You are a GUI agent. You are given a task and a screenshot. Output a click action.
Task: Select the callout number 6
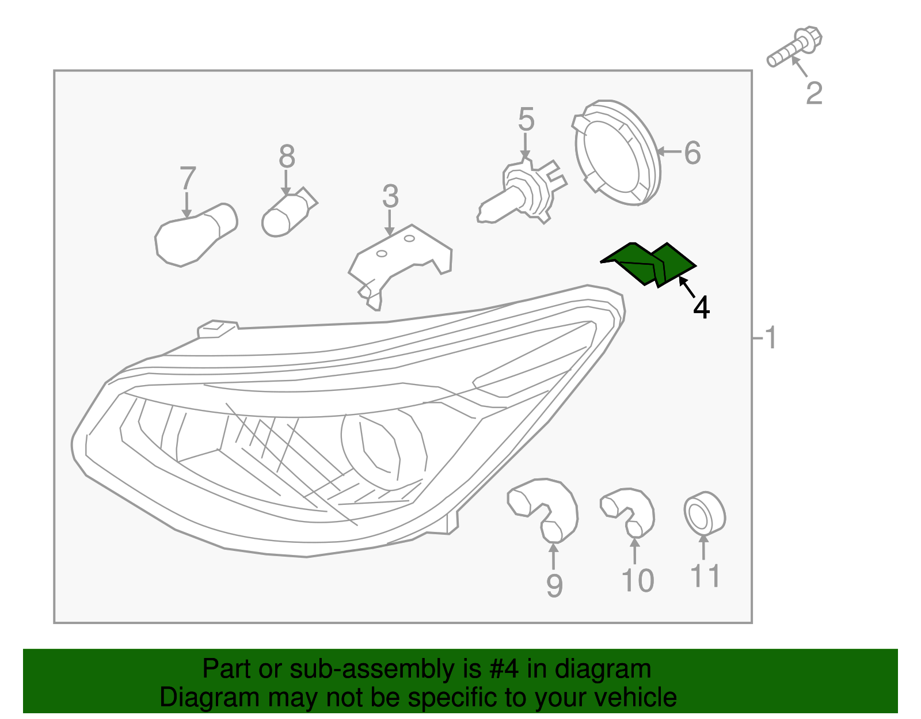click(692, 153)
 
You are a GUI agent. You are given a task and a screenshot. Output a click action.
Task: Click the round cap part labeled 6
click(616, 152)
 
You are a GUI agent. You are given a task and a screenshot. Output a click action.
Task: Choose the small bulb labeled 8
click(288, 213)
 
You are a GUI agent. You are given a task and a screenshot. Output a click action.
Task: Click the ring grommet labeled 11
click(704, 513)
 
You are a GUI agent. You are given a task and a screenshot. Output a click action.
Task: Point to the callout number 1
click(770, 338)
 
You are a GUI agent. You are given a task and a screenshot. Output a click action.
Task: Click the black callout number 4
click(701, 308)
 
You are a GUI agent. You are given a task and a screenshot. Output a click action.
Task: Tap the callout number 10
click(638, 581)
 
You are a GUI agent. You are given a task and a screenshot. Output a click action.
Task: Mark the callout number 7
click(188, 178)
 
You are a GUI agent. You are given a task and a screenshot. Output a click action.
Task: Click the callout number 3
click(390, 197)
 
